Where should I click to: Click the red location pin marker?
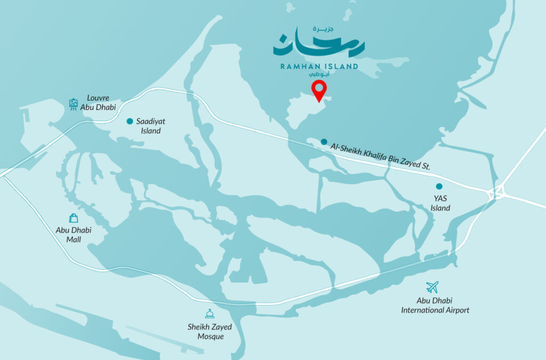[319, 91]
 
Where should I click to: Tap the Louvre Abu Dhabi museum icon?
[74, 104]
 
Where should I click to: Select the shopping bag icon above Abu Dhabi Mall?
[74, 218]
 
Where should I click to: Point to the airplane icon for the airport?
[432, 287]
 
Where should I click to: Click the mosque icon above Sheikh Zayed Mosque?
[209, 314]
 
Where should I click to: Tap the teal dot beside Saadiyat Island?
[130, 121]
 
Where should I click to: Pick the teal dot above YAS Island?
[439, 186]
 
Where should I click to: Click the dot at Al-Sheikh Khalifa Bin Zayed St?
[324, 142]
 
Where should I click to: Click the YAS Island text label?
[440, 203]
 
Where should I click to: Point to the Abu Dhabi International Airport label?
[435, 305]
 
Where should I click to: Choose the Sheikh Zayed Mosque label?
[206, 332]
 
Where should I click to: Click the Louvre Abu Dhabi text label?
[98, 103]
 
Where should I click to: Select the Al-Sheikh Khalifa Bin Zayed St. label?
[380, 156]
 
